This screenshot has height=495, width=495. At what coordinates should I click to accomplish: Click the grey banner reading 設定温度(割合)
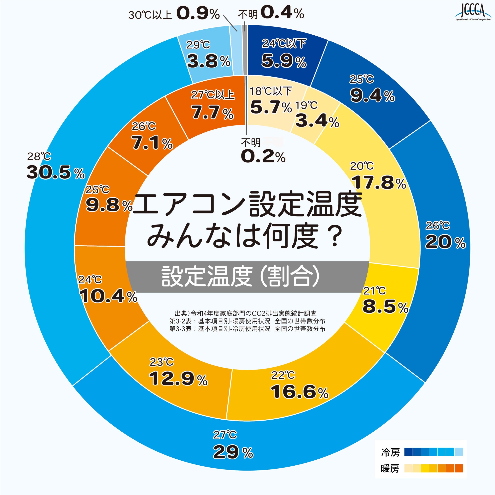pyautogui.click(x=247, y=277)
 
